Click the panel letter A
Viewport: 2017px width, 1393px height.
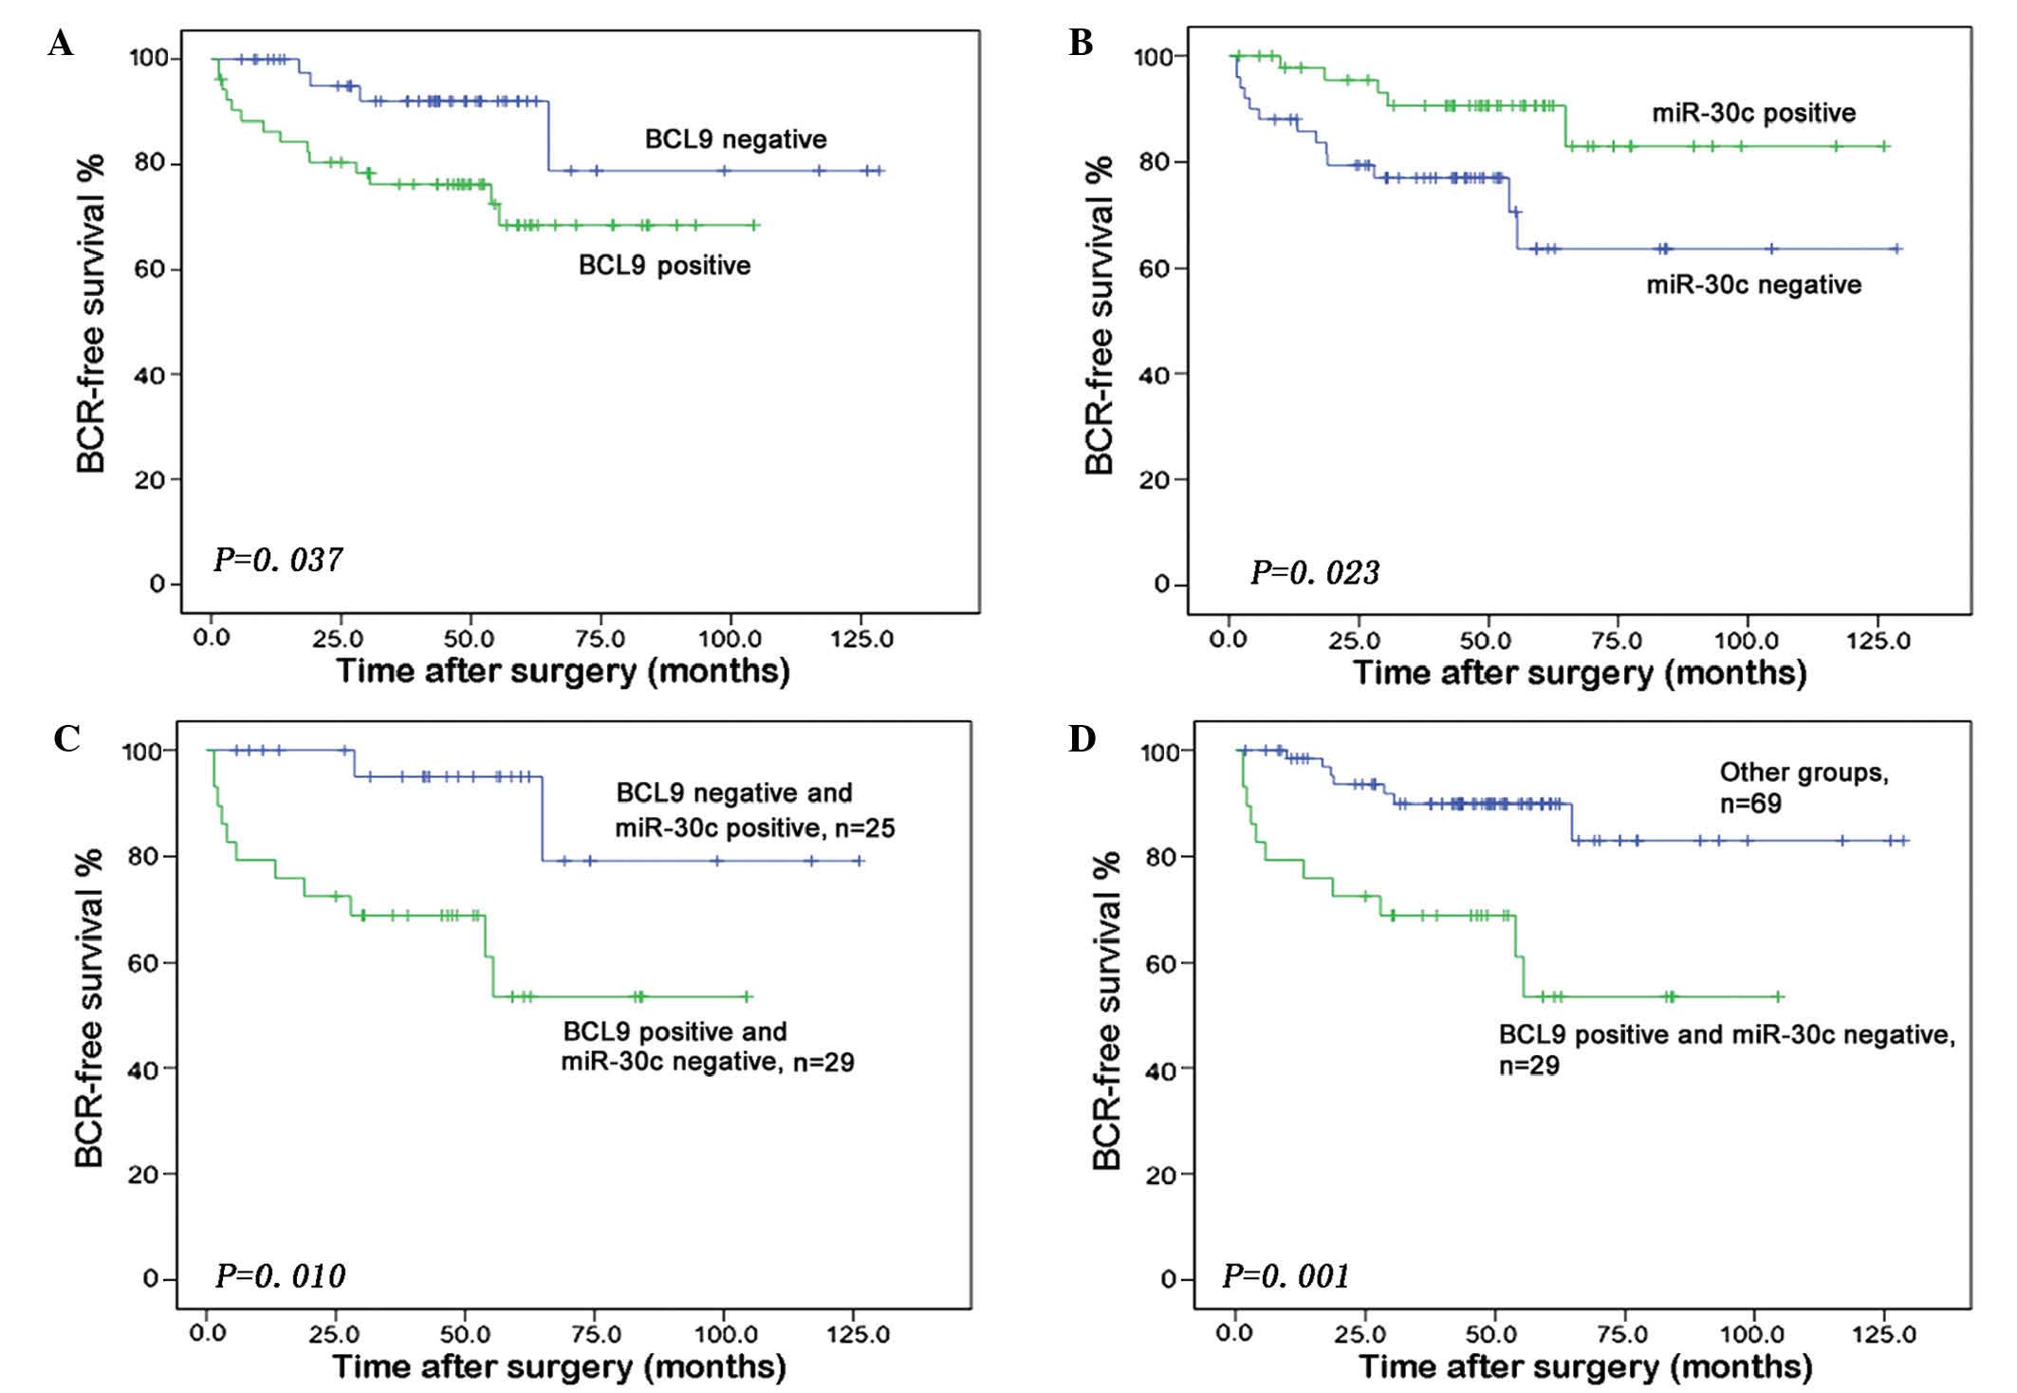pyautogui.click(x=60, y=44)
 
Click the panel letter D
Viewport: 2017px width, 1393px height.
pyautogui.click(x=1082, y=738)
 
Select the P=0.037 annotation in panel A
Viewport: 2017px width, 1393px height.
pyautogui.click(x=277, y=560)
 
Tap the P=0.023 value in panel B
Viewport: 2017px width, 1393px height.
pyautogui.click(x=1314, y=572)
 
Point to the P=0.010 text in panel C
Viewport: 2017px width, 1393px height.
pyautogui.click(x=280, y=1276)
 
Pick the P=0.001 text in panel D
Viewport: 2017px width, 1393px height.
pyautogui.click(x=1286, y=1276)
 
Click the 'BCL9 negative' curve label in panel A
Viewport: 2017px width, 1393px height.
pyautogui.click(x=735, y=139)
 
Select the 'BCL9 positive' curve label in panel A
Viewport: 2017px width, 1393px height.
pyautogui.click(x=664, y=265)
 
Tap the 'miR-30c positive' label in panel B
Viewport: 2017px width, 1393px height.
pyautogui.click(x=1753, y=113)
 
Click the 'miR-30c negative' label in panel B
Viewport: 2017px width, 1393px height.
pyautogui.click(x=1753, y=285)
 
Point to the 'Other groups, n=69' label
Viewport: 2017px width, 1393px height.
pyautogui.click(x=1804, y=788)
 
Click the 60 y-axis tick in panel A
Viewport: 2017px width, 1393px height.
pyautogui.click(x=155, y=269)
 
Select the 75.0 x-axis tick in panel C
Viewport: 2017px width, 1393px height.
pyautogui.click(x=594, y=1334)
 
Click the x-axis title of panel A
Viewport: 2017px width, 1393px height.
pyautogui.click(x=563, y=672)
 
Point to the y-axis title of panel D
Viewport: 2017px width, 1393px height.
pyautogui.click(x=1107, y=1011)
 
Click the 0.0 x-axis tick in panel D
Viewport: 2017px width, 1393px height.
pyautogui.click(x=1234, y=1334)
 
